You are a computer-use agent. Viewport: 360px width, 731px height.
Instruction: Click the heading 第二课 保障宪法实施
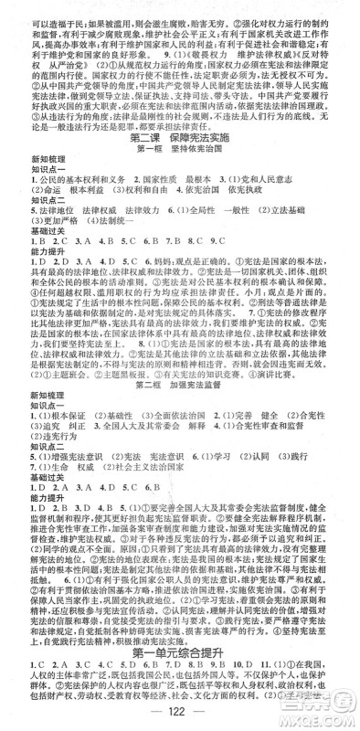click(179, 136)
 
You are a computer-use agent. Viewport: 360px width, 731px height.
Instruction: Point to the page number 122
click(179, 715)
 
